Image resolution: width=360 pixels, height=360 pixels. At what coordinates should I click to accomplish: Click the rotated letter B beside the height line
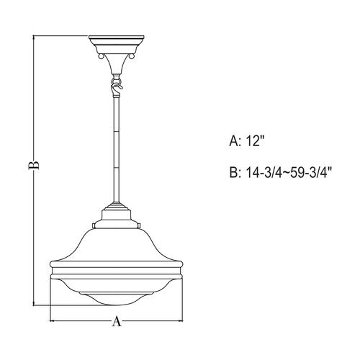(x=32, y=166)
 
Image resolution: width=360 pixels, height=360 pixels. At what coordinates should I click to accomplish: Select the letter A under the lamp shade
(x=115, y=323)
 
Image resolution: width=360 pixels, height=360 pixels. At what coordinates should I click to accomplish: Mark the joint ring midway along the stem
(x=115, y=136)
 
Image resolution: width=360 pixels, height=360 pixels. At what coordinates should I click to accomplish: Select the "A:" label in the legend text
(x=234, y=143)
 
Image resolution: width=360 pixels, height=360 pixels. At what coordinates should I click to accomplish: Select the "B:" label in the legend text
(x=234, y=174)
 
